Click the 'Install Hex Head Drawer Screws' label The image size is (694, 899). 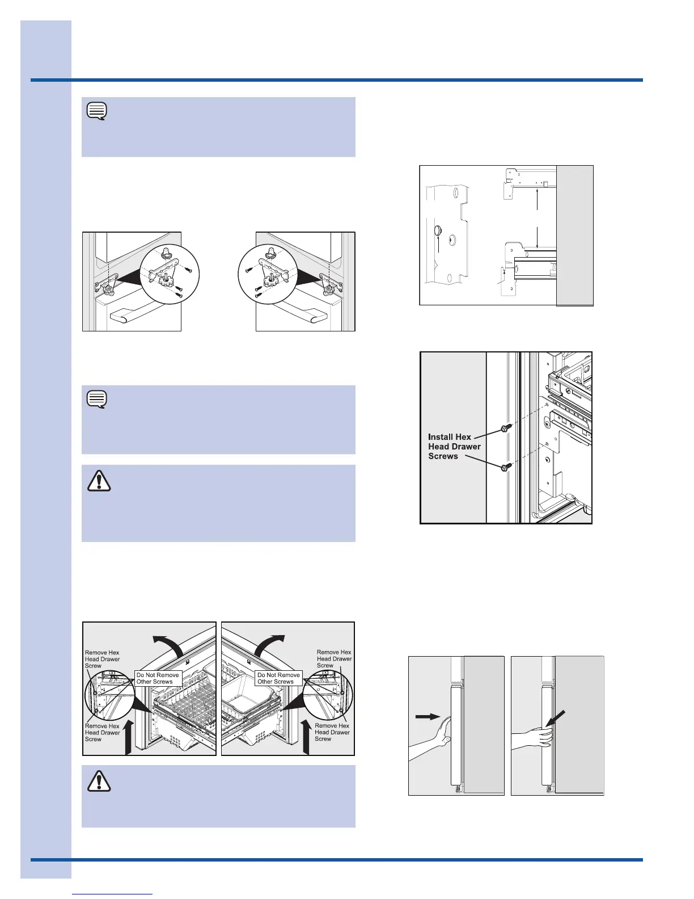tap(454, 447)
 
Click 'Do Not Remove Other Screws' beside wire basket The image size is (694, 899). tap(158, 678)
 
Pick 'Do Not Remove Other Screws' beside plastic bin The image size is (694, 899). tap(278, 678)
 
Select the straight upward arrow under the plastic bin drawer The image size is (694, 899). tap(306, 738)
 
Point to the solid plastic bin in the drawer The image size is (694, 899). tap(249, 704)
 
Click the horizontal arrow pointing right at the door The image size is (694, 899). tap(428, 717)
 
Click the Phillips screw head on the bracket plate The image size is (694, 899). tap(451, 240)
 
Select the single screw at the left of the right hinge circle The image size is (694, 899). tap(248, 271)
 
